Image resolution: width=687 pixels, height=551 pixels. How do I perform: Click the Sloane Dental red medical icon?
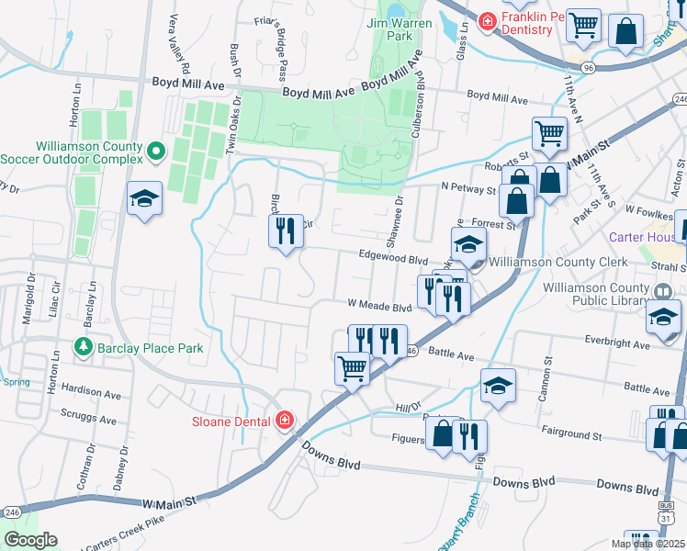pos(285,421)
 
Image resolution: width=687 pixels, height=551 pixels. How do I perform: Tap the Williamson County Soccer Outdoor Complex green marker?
pos(155,151)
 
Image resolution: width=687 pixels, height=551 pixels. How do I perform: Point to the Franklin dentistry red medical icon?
pos(487,20)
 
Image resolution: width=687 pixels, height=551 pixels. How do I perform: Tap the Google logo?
pos(30,540)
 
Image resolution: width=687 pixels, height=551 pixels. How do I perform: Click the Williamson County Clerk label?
pos(570,262)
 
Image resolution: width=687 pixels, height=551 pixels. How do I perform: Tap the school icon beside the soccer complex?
pos(145,199)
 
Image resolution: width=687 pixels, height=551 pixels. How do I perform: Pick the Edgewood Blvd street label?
pos(394,258)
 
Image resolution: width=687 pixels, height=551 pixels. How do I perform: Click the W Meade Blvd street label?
pos(377,308)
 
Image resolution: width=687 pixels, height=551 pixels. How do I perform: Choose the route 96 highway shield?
pos(588,68)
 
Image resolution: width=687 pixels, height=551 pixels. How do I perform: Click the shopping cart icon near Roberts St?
pos(549,133)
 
